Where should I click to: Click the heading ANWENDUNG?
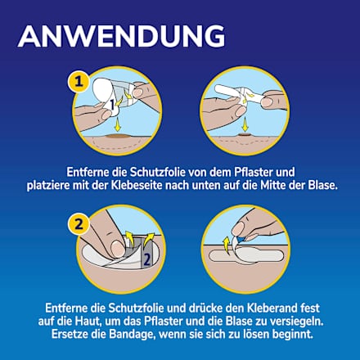click(x=121, y=37)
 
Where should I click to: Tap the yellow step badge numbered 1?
click(x=79, y=81)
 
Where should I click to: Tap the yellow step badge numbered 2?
click(x=79, y=224)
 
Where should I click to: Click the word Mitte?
click(x=273, y=186)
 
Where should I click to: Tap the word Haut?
click(x=84, y=322)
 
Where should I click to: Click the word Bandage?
click(x=132, y=335)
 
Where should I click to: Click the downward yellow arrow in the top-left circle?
click(x=117, y=124)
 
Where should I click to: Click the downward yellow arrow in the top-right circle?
click(x=245, y=124)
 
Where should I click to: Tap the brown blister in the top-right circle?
click(x=245, y=135)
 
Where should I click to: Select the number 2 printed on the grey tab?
click(x=146, y=259)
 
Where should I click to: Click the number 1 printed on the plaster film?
click(x=111, y=104)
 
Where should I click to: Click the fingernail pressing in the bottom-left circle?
click(x=118, y=249)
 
